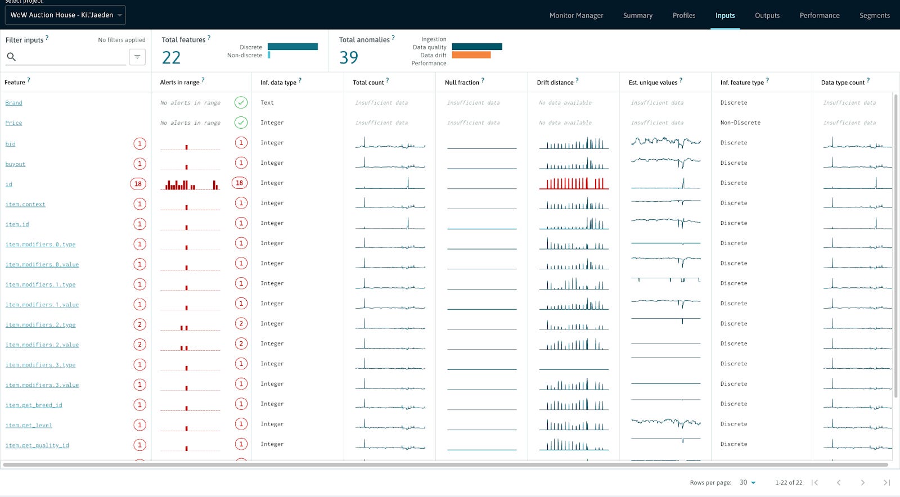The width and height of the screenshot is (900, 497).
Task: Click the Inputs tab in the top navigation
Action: (x=725, y=15)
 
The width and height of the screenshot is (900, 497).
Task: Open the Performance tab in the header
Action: (x=819, y=15)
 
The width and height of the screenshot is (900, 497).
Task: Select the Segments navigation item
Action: (x=874, y=15)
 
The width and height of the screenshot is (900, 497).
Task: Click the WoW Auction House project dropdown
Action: (x=65, y=15)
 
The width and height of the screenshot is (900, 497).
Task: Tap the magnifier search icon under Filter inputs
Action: (x=11, y=57)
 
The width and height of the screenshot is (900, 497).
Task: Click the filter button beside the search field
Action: (x=137, y=57)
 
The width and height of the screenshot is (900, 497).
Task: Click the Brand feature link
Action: (x=14, y=103)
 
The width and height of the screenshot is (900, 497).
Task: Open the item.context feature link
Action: (x=25, y=204)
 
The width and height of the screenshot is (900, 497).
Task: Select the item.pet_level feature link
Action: (x=29, y=425)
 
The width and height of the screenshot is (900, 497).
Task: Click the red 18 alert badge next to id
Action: (x=138, y=184)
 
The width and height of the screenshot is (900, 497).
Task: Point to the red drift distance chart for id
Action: (x=574, y=183)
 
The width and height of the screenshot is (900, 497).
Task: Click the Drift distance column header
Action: (x=555, y=83)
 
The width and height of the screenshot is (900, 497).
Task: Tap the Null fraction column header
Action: (x=462, y=83)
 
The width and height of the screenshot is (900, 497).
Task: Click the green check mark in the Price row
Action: (x=241, y=123)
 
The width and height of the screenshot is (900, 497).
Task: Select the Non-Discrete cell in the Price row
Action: (x=740, y=123)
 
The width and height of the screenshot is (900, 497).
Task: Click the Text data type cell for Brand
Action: (x=267, y=103)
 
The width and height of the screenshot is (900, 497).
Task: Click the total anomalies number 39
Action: (x=349, y=57)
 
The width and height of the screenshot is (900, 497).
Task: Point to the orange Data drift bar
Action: (x=471, y=55)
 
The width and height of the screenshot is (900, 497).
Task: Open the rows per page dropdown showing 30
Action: (x=748, y=482)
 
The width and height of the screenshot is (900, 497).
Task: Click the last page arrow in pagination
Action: (x=886, y=482)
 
